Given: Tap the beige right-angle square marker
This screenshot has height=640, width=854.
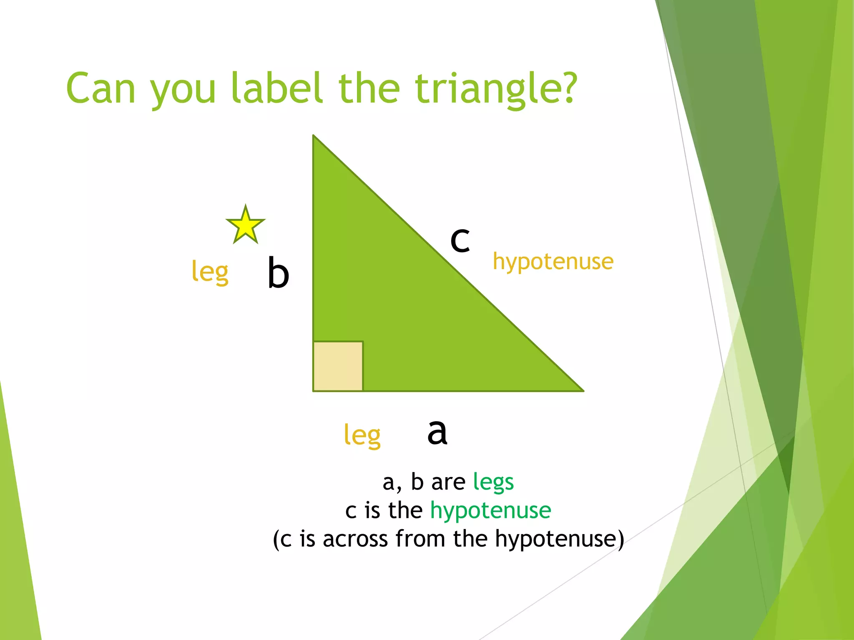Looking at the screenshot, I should [338, 366].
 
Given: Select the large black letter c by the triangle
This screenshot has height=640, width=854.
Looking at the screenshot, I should [460, 240].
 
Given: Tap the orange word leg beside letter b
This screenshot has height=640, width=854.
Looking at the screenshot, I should [210, 272].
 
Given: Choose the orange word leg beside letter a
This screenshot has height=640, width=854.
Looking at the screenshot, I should [362, 436].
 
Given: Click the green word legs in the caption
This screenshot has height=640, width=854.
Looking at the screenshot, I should [493, 483].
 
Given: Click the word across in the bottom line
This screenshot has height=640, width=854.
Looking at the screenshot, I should [355, 539].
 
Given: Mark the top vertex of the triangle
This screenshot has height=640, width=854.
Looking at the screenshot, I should [314, 136].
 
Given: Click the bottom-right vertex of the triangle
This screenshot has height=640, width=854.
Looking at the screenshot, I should [583, 391].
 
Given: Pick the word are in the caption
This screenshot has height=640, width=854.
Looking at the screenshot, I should [448, 483].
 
